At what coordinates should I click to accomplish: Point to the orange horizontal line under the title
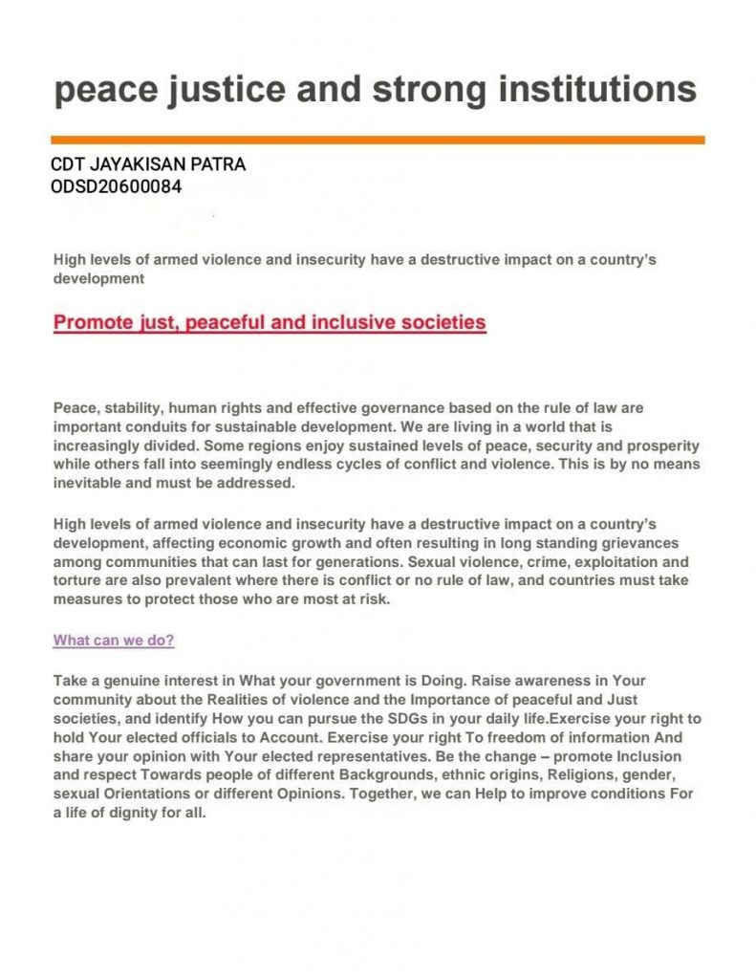click(x=378, y=140)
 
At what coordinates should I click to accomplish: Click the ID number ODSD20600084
click(x=116, y=186)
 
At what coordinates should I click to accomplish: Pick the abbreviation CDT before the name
click(x=67, y=164)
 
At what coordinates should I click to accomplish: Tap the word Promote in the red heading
click(x=93, y=322)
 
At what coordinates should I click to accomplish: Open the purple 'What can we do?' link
click(x=114, y=641)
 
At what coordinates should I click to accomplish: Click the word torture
click(x=76, y=581)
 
